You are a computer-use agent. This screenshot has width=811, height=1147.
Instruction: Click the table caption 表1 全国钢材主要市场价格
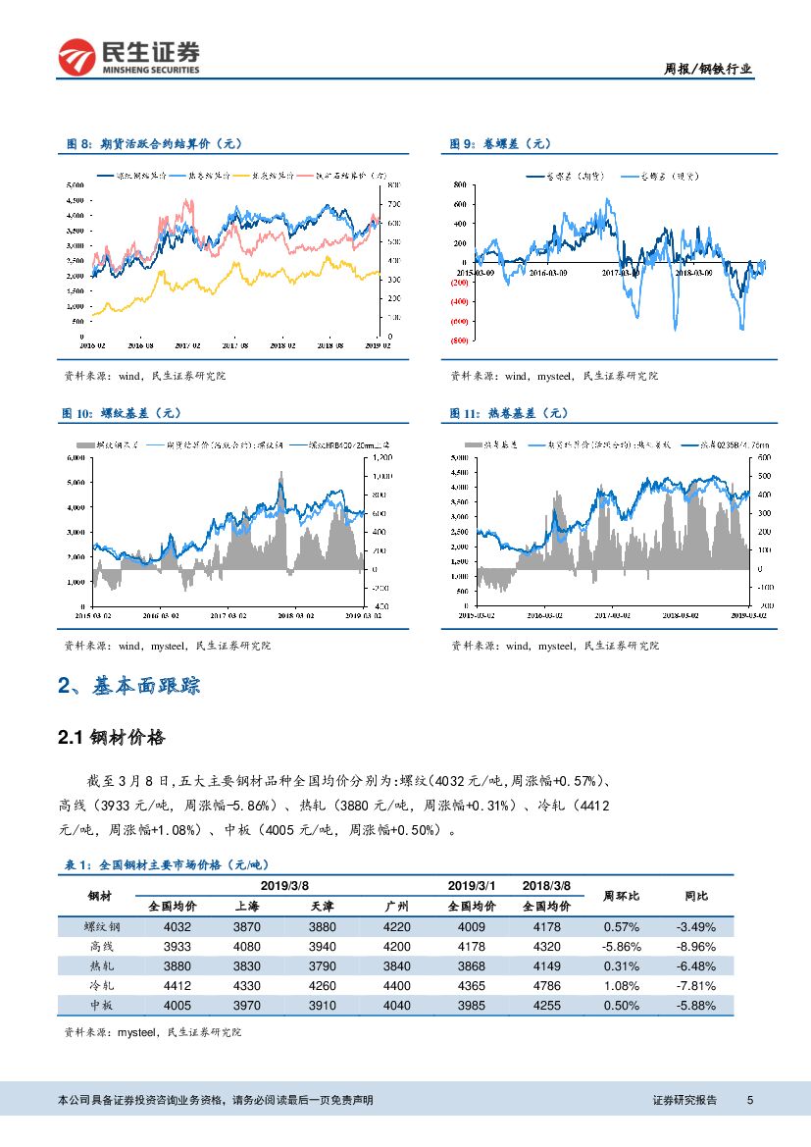166,864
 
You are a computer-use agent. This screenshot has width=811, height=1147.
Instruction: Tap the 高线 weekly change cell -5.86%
622,946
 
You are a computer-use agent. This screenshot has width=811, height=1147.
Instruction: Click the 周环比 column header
621,895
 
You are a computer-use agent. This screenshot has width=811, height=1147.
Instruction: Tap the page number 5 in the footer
749,1100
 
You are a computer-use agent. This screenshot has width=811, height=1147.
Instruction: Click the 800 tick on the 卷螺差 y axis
459,184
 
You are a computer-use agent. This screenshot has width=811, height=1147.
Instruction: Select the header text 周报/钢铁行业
709,68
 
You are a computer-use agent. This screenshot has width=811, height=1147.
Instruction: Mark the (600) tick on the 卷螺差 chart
457,321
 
